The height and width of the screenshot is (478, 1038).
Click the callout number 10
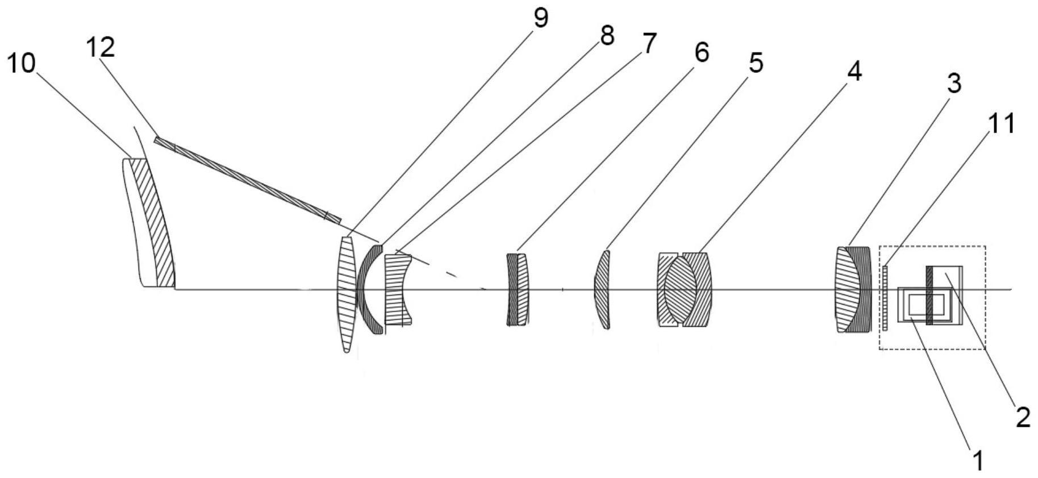click(22, 64)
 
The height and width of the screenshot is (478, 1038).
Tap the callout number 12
click(101, 47)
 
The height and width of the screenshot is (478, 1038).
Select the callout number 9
click(540, 18)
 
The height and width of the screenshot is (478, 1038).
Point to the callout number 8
click(607, 36)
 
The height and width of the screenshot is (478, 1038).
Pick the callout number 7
click(649, 43)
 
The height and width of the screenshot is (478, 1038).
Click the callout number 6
click(702, 53)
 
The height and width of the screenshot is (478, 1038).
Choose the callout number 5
click(756, 63)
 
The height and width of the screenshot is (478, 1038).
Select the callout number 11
click(1001, 123)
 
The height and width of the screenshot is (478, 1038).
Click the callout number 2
click(1023, 418)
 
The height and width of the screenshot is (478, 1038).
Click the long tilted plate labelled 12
click(248, 180)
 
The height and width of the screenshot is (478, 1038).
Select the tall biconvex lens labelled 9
click(346, 294)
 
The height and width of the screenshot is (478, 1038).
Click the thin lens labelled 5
click(602, 290)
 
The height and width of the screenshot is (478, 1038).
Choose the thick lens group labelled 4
click(684, 290)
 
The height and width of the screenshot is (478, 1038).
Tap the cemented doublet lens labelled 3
click(852, 289)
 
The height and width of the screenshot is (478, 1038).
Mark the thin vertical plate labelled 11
click(885, 297)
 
